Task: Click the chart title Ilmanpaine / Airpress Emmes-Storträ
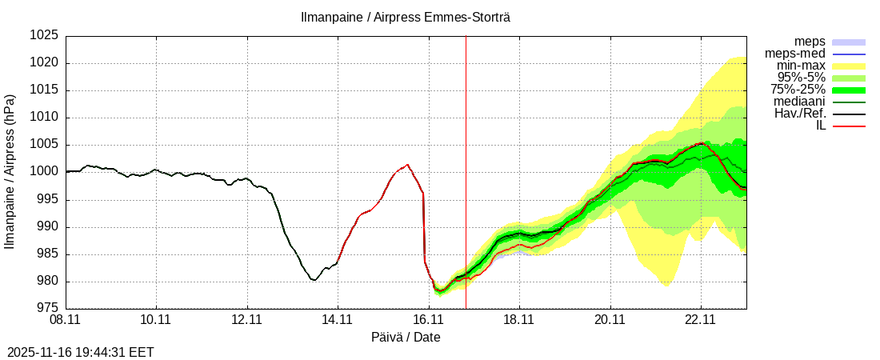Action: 405,17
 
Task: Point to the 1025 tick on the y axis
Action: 45,36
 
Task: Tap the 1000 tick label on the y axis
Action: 45,172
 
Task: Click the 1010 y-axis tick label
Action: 45,118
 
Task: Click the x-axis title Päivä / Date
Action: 406,337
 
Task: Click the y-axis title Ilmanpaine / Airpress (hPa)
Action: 10,172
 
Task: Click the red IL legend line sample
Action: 849,126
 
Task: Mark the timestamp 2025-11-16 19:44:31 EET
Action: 81,352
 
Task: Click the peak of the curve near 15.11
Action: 407,165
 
